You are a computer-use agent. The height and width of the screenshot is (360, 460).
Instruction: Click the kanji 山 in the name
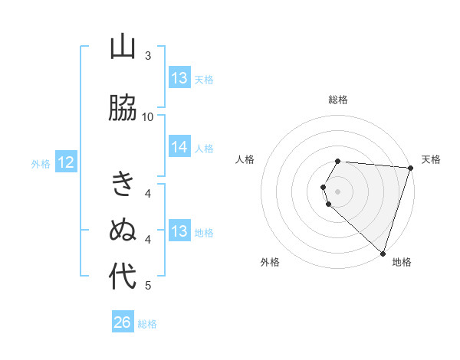(123, 48)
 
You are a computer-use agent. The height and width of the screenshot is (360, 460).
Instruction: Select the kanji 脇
(123, 109)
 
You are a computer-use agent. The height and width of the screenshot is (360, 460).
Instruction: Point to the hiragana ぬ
(123, 230)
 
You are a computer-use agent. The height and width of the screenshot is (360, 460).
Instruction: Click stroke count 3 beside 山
(148, 56)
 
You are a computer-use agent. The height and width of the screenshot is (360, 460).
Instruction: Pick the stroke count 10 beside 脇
(148, 116)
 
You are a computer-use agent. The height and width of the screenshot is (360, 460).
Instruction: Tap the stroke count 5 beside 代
(148, 286)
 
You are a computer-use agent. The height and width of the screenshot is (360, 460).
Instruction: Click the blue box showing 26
(123, 322)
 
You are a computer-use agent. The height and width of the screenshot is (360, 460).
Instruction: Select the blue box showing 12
(66, 162)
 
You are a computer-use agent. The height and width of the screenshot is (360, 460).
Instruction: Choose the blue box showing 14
(179, 148)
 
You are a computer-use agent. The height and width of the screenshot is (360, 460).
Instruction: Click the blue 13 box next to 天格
(179, 78)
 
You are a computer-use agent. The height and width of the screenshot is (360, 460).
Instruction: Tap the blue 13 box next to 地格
(179, 232)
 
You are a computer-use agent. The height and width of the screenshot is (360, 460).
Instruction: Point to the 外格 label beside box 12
(41, 163)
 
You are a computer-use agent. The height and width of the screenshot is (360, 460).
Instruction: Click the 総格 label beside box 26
(147, 324)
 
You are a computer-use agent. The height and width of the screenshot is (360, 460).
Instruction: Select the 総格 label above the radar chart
(338, 100)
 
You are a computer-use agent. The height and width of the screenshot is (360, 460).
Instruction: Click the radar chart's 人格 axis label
(245, 159)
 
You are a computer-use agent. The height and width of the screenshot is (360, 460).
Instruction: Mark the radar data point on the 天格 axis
(411, 168)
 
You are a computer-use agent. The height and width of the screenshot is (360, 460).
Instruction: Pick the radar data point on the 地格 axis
(383, 254)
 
